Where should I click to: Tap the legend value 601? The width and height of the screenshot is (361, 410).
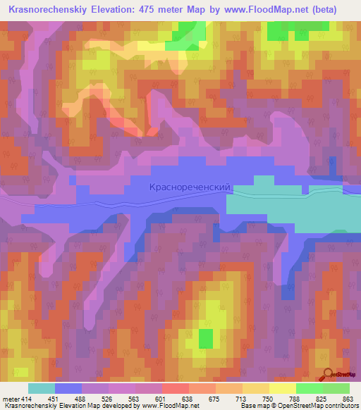click(x=161, y=399)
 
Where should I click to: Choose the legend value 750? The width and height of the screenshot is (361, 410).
click(x=267, y=399)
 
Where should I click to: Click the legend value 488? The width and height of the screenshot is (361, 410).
click(x=81, y=399)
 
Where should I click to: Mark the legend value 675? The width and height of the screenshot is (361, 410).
click(x=214, y=399)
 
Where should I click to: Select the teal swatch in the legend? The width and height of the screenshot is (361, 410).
click(x=42, y=388)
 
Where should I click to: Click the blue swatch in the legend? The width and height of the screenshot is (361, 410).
click(x=68, y=388)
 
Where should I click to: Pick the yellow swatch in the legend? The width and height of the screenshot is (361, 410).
click(x=282, y=388)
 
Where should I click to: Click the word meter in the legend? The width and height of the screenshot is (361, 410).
click(x=10, y=399)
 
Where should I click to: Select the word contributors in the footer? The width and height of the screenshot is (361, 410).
click(x=340, y=406)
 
